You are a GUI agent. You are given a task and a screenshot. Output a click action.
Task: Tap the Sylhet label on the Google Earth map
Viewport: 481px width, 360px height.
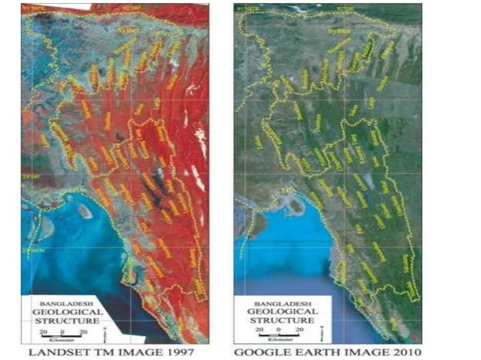341,32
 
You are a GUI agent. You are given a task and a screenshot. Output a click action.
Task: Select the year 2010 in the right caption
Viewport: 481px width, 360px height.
404,352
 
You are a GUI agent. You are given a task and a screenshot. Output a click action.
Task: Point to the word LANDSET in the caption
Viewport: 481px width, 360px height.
57,352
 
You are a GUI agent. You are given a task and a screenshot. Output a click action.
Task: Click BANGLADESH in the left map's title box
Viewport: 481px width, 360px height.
65,300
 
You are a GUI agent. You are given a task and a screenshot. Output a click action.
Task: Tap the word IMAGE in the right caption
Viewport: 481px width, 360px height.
362,352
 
